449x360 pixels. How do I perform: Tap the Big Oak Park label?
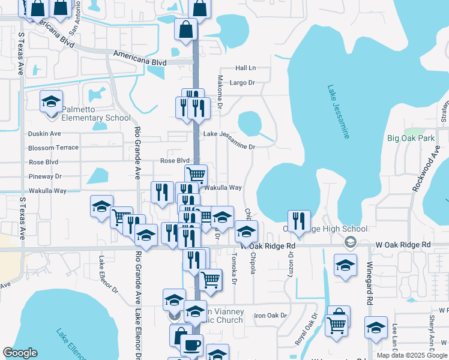click(x=411, y=138)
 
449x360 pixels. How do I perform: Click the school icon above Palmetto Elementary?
click(x=52, y=101)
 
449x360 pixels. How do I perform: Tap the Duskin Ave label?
click(x=44, y=133)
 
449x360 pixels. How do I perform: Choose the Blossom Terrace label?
click(x=53, y=148)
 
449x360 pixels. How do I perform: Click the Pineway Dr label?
click(x=46, y=176)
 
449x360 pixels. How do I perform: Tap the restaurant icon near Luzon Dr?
click(x=298, y=221)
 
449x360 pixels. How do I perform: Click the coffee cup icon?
click(x=191, y=346)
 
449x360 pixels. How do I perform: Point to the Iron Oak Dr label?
click(x=271, y=315)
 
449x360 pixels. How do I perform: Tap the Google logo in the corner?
click(x=20, y=353)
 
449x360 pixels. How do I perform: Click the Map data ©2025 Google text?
click(x=411, y=355)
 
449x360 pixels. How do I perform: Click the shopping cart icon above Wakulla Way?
click(x=196, y=175)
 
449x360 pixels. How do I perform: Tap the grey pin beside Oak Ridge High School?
click(x=350, y=243)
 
